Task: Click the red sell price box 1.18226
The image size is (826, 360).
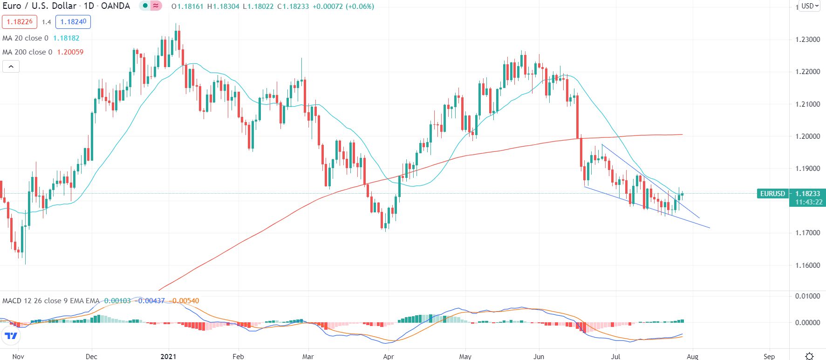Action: pyautogui.click(x=20, y=22)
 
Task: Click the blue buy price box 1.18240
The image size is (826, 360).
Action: pyautogui.click(x=73, y=22)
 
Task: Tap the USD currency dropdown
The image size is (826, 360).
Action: pyautogui.click(x=810, y=6)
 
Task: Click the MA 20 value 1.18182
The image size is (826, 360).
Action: pyautogui.click(x=66, y=38)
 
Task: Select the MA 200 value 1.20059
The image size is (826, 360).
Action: pyautogui.click(x=70, y=52)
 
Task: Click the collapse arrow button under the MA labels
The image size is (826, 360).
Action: pyautogui.click(x=11, y=67)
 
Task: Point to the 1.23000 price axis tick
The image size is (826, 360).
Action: pyautogui.click(x=807, y=40)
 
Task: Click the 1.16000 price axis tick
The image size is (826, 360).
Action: pyautogui.click(x=807, y=265)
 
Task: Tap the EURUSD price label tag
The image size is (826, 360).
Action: pyautogui.click(x=772, y=194)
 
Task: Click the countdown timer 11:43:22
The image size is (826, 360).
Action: pyautogui.click(x=808, y=202)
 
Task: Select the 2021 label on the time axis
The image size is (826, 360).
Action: pyautogui.click(x=168, y=356)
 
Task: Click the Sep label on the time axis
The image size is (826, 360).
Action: pyautogui.click(x=769, y=356)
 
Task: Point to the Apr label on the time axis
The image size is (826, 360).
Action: pyautogui.click(x=388, y=356)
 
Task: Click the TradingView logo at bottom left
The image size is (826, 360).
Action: pyautogui.click(x=11, y=335)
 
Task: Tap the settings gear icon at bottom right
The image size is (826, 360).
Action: pyautogui.click(x=809, y=356)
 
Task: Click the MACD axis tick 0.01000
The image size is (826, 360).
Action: pyautogui.click(x=807, y=296)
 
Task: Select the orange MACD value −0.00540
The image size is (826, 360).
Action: pyautogui.click(x=185, y=301)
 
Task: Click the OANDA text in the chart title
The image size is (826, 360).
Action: pyautogui.click(x=116, y=6)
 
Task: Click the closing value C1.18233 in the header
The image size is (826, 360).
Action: pyautogui.click(x=293, y=7)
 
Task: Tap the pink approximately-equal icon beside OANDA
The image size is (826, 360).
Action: pyautogui.click(x=156, y=6)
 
